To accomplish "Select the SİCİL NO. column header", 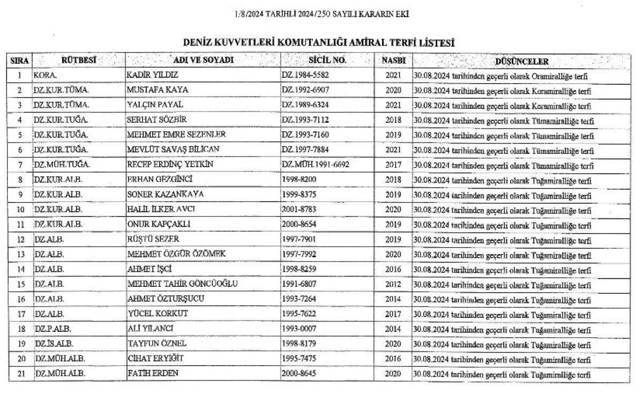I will tap(327, 61).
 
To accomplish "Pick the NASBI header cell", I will tap(393, 61).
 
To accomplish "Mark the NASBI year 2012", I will tap(393, 284).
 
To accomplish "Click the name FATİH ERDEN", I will tap(153, 373).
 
